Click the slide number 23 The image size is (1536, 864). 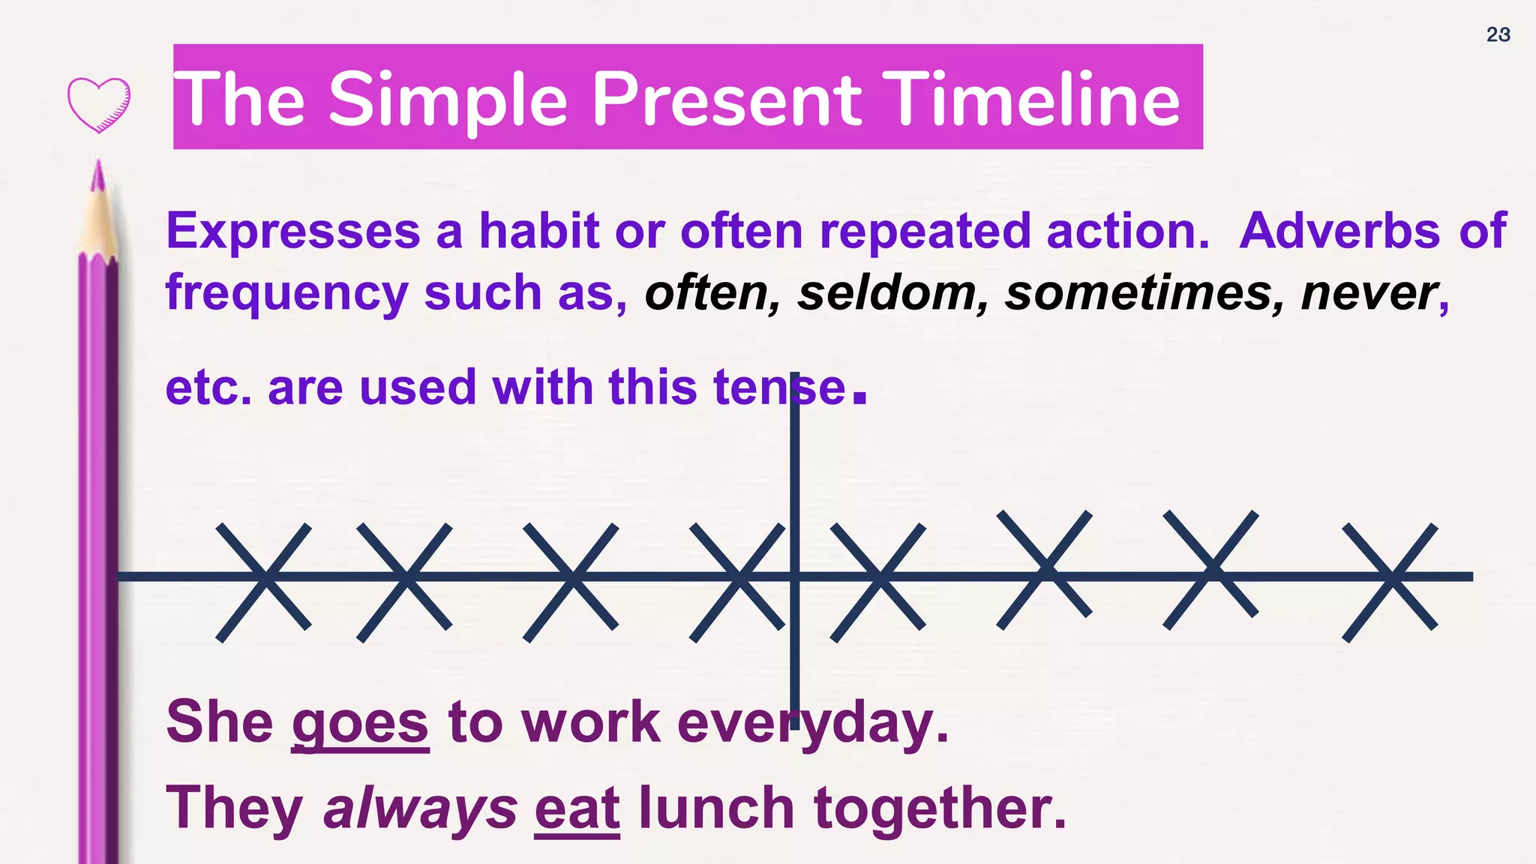coord(1498,34)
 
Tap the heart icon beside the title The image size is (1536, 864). coord(99,104)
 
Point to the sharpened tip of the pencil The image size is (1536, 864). coord(97,174)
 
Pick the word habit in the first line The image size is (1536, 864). coord(539,230)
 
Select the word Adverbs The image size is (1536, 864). coord(1339,230)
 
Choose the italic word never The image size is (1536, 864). coord(1368,292)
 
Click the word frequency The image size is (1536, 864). coord(286,294)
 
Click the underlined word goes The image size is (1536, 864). coord(360,723)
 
